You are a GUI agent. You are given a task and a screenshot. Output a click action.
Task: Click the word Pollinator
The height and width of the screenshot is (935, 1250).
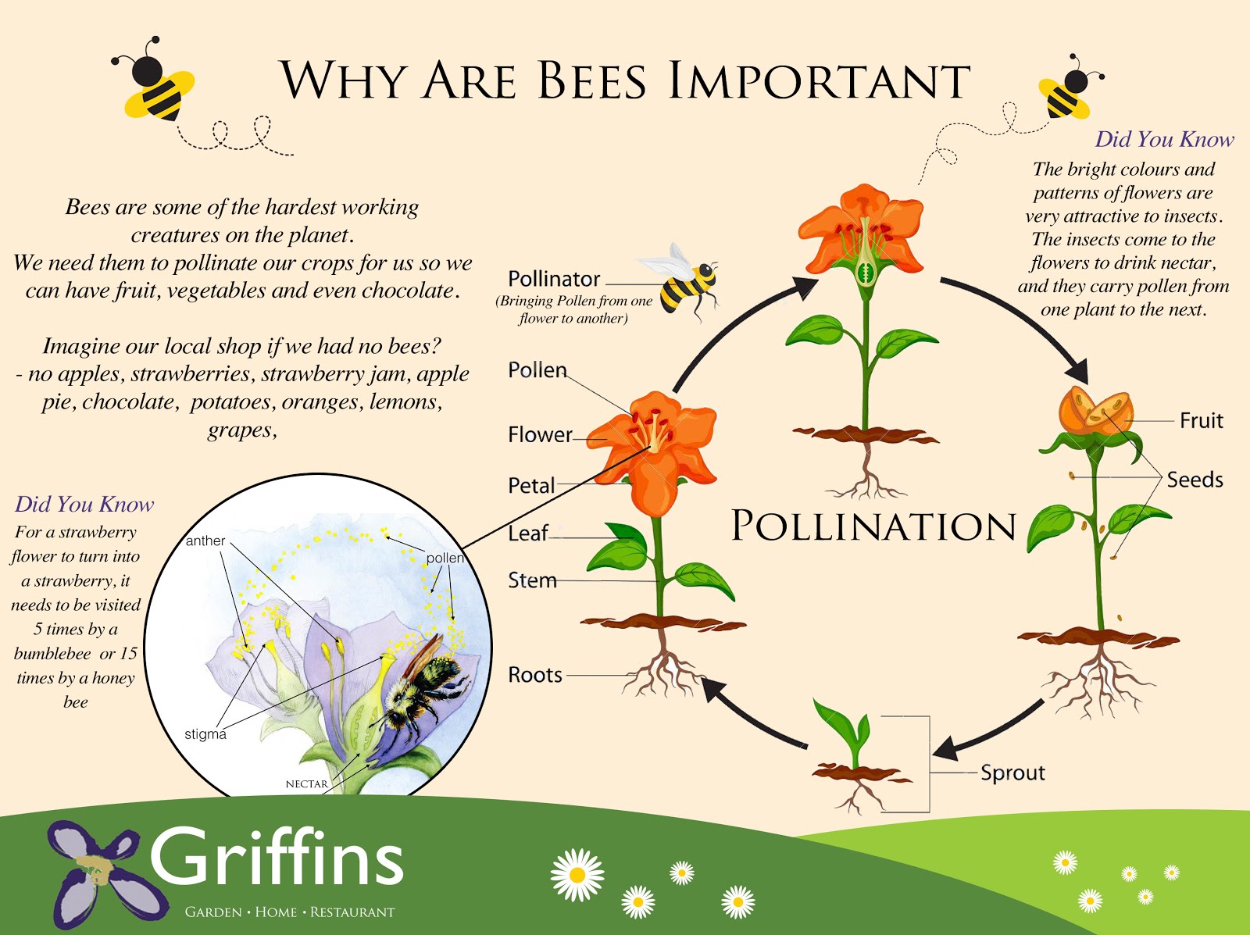click(x=554, y=279)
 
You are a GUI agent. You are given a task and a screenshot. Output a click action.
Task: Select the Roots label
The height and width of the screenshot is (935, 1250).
click(x=535, y=675)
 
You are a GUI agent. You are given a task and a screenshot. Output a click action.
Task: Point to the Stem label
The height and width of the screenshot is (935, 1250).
click(x=532, y=580)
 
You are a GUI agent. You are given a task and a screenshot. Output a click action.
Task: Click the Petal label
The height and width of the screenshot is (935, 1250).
click(x=531, y=486)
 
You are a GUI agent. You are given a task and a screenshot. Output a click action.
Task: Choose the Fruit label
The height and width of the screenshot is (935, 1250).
click(x=1201, y=421)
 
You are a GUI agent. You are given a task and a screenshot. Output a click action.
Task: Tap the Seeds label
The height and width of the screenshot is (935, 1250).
click(x=1195, y=480)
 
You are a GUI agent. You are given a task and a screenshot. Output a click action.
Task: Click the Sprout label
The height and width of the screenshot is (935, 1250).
click(x=1012, y=773)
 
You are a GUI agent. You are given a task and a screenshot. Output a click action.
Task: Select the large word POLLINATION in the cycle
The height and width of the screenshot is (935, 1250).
click(x=873, y=526)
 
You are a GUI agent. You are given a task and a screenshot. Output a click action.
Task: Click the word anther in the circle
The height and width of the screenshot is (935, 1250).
click(x=205, y=541)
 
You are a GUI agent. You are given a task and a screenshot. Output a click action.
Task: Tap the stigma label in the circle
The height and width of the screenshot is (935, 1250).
click(x=205, y=734)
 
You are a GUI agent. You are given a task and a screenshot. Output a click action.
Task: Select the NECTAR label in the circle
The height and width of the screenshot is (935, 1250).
click(x=307, y=783)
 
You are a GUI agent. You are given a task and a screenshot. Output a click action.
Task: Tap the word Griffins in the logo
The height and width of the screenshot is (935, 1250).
click(x=277, y=858)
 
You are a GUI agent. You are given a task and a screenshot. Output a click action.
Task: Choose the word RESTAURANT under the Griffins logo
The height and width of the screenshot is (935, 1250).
click(x=352, y=912)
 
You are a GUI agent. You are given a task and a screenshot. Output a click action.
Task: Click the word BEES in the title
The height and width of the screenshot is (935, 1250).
click(x=592, y=81)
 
